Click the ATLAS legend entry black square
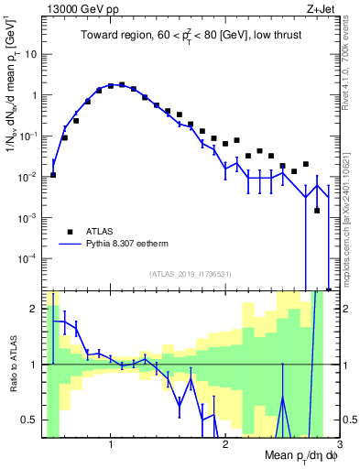click(68, 232)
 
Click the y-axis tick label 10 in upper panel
click(30, 54)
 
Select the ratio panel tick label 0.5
click(30, 420)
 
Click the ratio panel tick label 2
click(35, 308)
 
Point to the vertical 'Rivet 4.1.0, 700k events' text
click(350, 64)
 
